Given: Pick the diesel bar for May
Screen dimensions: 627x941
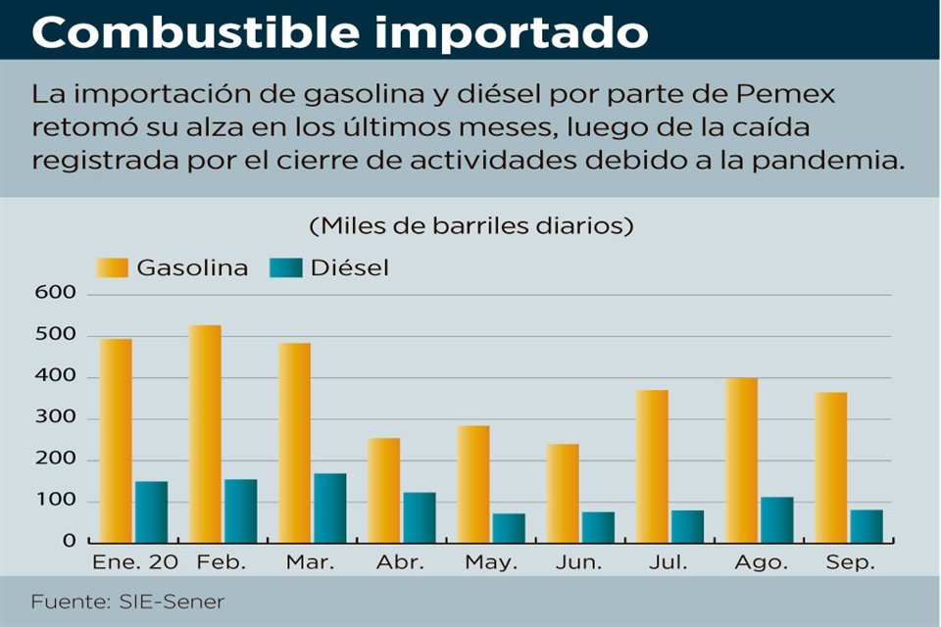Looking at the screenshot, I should (509, 527).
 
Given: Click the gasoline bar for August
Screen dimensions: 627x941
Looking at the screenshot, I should (741, 459).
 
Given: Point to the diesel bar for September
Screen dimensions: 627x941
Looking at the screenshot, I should (867, 525).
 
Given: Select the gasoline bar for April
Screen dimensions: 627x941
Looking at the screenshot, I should (384, 490).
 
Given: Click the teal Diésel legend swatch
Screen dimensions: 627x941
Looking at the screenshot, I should (286, 267).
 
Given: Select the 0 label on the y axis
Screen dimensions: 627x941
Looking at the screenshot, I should (69, 541).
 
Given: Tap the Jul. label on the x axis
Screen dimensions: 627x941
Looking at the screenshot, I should (669, 563).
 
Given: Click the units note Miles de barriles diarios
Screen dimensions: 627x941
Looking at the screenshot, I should (471, 225).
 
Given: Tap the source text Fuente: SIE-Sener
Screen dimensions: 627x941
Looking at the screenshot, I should (127, 601).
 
